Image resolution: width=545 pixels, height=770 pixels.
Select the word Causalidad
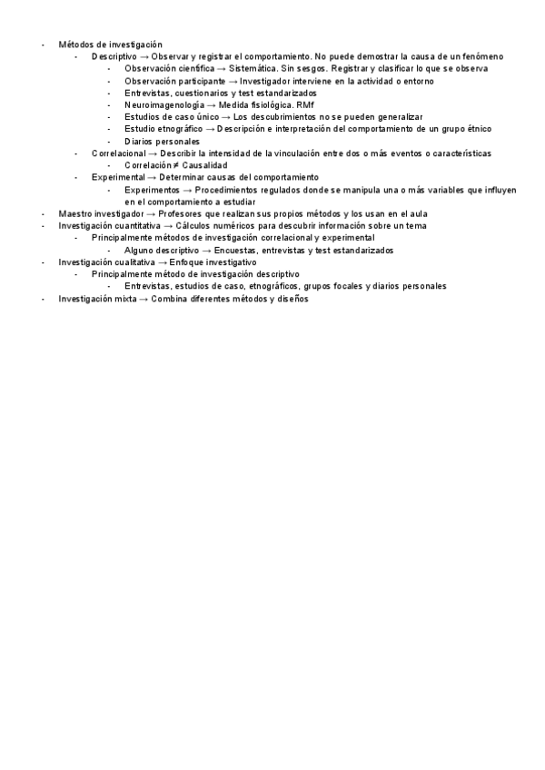[205, 165]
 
